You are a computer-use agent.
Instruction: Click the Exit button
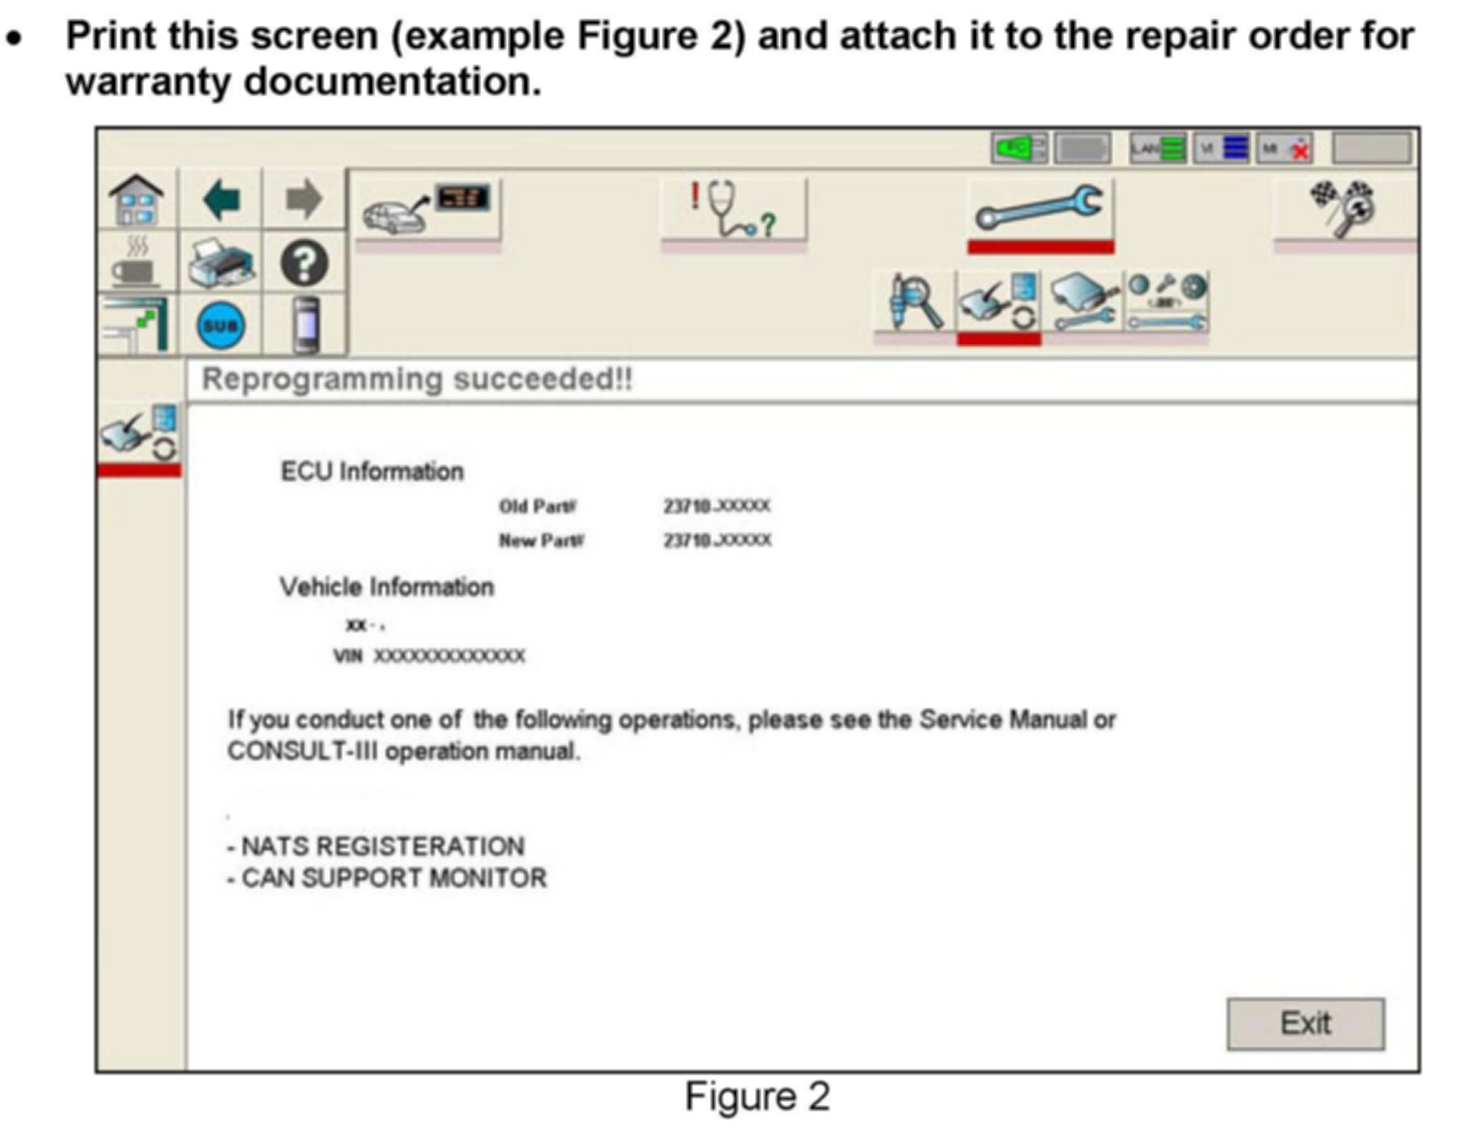tap(1304, 1023)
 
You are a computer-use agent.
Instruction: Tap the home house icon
tap(137, 200)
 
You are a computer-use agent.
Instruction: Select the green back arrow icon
tap(221, 199)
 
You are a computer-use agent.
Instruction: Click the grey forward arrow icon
tap(304, 199)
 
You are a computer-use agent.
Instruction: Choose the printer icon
tap(221, 263)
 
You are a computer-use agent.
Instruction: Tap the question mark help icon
tap(304, 263)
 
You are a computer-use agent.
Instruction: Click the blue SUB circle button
tap(221, 325)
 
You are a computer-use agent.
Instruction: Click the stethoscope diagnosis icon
tap(733, 210)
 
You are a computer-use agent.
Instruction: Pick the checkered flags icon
tap(1343, 207)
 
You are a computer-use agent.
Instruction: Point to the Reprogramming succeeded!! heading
tap(417, 379)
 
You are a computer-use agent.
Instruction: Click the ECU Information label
tap(372, 471)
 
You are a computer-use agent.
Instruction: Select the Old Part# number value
tap(716, 506)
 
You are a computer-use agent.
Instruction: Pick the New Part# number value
tap(717, 540)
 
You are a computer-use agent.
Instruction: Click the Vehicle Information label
tap(386, 587)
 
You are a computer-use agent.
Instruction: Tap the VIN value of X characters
tap(449, 656)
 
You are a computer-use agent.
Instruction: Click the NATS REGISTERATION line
tap(376, 846)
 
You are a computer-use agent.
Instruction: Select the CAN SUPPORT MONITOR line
tap(387, 878)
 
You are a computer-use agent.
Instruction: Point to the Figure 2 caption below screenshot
tap(757, 1096)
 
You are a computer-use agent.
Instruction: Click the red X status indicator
tap(1300, 149)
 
